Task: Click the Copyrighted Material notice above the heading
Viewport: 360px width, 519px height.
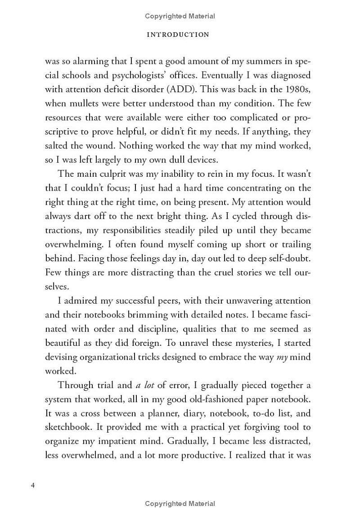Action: click(x=180, y=16)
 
